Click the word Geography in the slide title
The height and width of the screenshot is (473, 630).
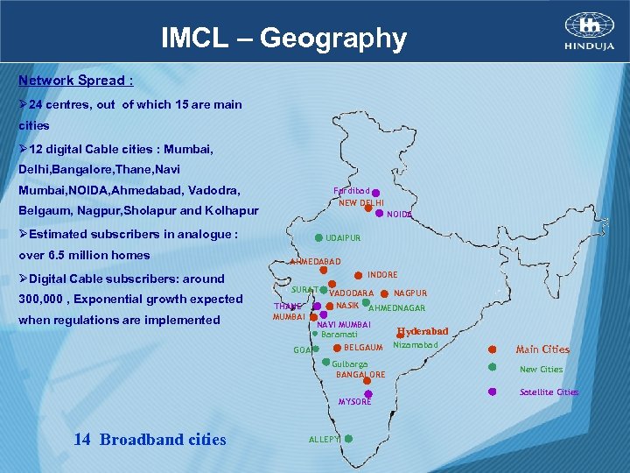click(332, 39)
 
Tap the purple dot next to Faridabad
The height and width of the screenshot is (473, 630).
click(375, 192)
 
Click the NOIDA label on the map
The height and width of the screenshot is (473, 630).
click(399, 214)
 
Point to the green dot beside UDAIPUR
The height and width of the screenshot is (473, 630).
click(318, 237)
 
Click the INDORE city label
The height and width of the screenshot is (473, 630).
click(382, 275)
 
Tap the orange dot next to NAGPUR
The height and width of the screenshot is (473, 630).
click(385, 293)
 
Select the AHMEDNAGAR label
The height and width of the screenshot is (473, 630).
click(397, 308)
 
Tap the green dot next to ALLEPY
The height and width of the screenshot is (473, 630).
click(348, 439)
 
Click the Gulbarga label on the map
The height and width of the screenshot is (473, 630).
click(350, 364)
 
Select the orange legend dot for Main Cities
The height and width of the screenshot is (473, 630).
click(492, 349)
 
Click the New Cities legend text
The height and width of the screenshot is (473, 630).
click(541, 370)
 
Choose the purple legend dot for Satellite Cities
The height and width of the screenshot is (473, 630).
click(492, 392)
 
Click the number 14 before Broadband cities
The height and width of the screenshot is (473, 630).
click(82, 440)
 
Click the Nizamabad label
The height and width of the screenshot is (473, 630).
click(415, 344)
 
